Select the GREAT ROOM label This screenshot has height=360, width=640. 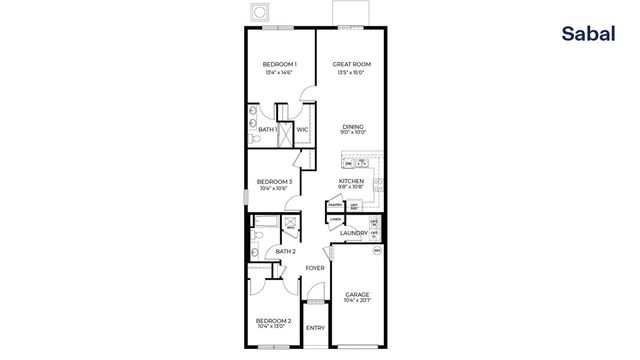tap(353, 64)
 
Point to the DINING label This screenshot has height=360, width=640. tap(353, 127)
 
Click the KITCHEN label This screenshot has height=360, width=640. tap(352, 181)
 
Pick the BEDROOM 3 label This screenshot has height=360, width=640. tap(275, 181)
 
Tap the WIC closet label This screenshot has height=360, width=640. tap(301, 129)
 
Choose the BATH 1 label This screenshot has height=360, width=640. tap(267, 129)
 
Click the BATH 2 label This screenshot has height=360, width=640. tap(285, 251)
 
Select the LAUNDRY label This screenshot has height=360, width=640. tap(353, 234)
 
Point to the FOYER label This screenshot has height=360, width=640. tap(315, 268)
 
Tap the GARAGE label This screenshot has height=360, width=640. tap(357, 294)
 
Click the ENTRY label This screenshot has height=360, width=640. tap(315, 328)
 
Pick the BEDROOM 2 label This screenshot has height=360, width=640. tap(275, 320)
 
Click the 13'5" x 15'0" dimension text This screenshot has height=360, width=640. tap(353, 72)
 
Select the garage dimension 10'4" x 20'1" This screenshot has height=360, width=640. tap(357, 301)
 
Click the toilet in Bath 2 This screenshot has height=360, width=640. tap(257, 235)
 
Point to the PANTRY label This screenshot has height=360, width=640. tap(336, 206)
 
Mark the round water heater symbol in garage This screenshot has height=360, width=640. tap(378, 252)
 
